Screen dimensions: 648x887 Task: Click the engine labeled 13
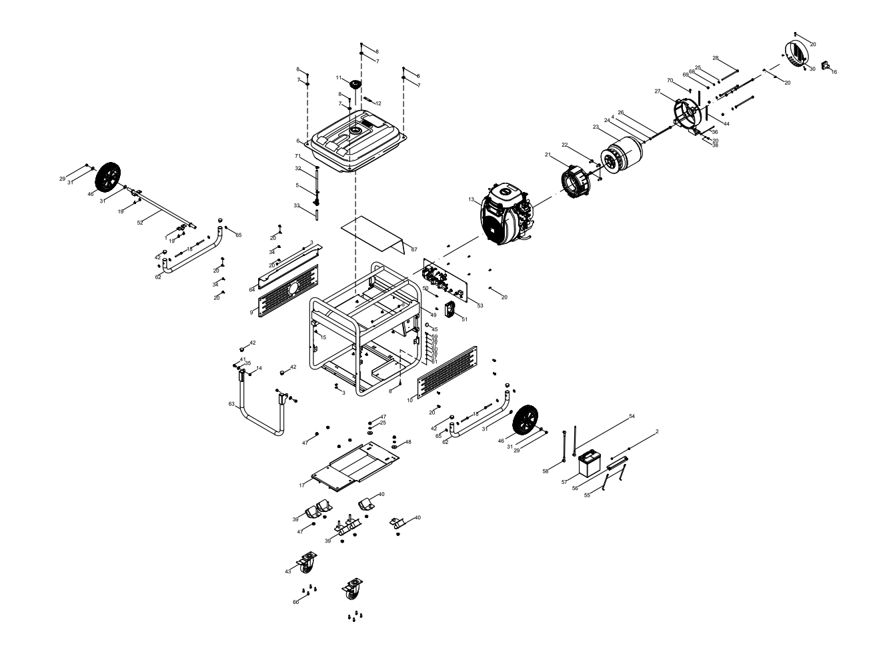coord(506,215)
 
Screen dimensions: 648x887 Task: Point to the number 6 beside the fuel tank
coord(299,141)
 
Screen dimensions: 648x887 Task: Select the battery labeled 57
coord(590,463)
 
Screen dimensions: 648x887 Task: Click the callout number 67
coord(414,249)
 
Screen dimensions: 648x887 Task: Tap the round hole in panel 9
coord(293,287)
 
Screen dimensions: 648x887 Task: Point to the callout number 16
coord(834,72)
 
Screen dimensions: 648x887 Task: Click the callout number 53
coord(480,305)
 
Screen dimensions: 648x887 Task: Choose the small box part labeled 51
coord(453,310)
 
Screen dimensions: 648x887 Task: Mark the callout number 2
coord(656,432)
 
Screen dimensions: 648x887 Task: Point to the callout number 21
coord(547,155)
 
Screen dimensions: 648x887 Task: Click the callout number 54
coord(632,417)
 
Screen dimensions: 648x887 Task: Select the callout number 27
coord(657,91)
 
